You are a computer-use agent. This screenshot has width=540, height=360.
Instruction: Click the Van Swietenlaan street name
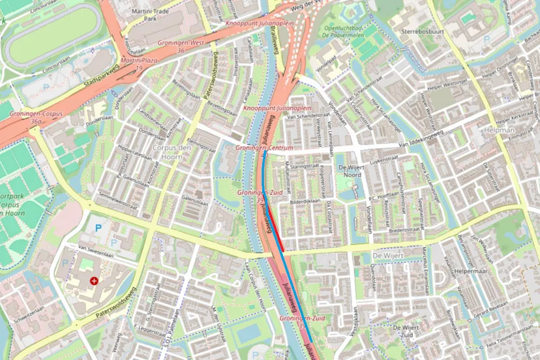91,247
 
